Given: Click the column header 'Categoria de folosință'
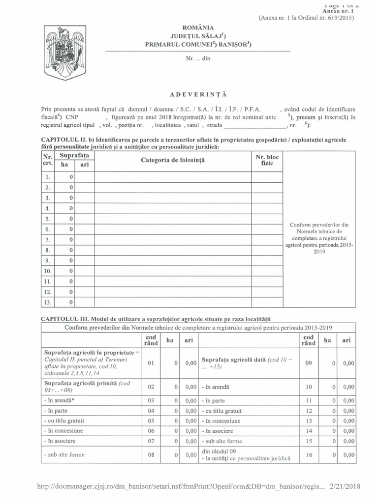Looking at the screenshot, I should coord(172,160).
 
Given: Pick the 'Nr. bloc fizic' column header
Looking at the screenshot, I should coord(267,160).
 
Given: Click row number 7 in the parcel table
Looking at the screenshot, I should coord(48,240).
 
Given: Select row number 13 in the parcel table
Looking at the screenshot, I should coord(48,303).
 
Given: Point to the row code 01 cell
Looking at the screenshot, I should coord(151,363).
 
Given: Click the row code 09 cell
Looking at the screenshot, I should coord(308,363).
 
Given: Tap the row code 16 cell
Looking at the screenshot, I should coord(308,455).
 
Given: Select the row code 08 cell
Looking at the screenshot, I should coord(151,455).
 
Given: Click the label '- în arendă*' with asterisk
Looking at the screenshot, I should coord(58,401).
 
